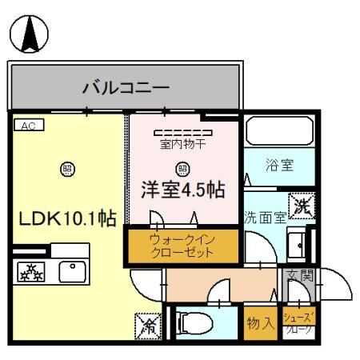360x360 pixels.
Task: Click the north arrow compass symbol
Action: pyautogui.click(x=29, y=34)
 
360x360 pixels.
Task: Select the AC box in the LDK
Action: pyautogui.click(x=28, y=126)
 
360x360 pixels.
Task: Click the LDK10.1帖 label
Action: pyautogui.click(x=63, y=218)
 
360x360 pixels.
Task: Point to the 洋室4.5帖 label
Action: pyautogui.click(x=182, y=190)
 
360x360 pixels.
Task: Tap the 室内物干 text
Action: pyautogui.click(x=182, y=145)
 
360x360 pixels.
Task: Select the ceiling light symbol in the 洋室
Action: pyautogui.click(x=182, y=168)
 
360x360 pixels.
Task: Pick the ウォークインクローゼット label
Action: pyautogui.click(x=182, y=245)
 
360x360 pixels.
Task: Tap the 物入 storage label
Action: pyautogui.click(x=260, y=323)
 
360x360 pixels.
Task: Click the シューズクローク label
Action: pyautogui.click(x=300, y=323)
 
